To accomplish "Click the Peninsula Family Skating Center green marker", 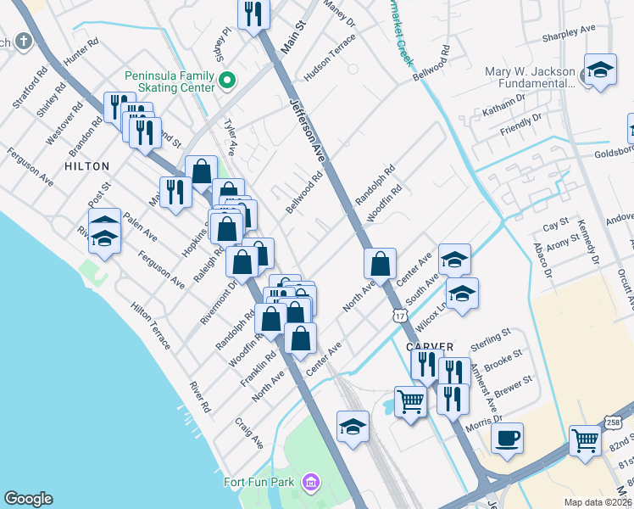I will [227, 81].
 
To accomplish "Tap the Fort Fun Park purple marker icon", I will [311, 483].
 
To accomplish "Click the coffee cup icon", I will [508, 439].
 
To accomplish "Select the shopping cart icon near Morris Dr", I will [411, 401].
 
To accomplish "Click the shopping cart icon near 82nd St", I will [585, 440].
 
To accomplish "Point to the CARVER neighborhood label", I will [430, 347].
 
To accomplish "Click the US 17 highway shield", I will [399, 316].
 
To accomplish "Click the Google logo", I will [29, 499].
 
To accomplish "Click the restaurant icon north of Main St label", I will [253, 14].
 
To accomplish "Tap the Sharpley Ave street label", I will [570, 31].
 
